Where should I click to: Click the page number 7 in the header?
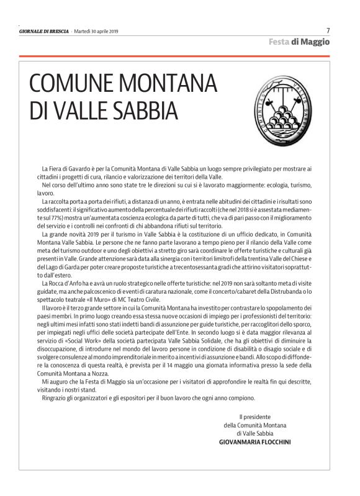pos(327,30)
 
